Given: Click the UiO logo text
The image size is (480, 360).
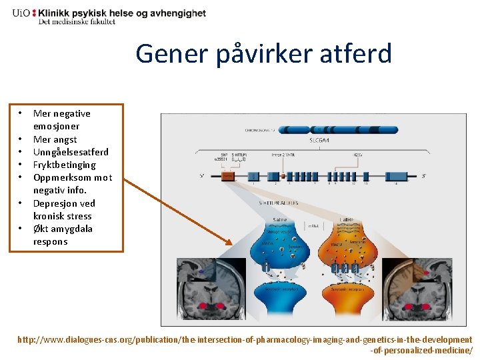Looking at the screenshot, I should (x=24, y=13).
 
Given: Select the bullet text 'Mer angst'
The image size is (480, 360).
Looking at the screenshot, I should (x=55, y=139).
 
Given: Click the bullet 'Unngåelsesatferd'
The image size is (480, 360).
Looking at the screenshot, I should (x=71, y=152).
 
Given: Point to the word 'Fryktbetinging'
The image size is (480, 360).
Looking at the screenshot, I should (x=65, y=165).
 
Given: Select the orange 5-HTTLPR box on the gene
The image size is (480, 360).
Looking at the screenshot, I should (x=228, y=176).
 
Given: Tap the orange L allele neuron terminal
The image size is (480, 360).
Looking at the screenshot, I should (x=347, y=247).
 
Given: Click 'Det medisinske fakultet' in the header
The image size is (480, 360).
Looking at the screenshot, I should (x=77, y=21).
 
